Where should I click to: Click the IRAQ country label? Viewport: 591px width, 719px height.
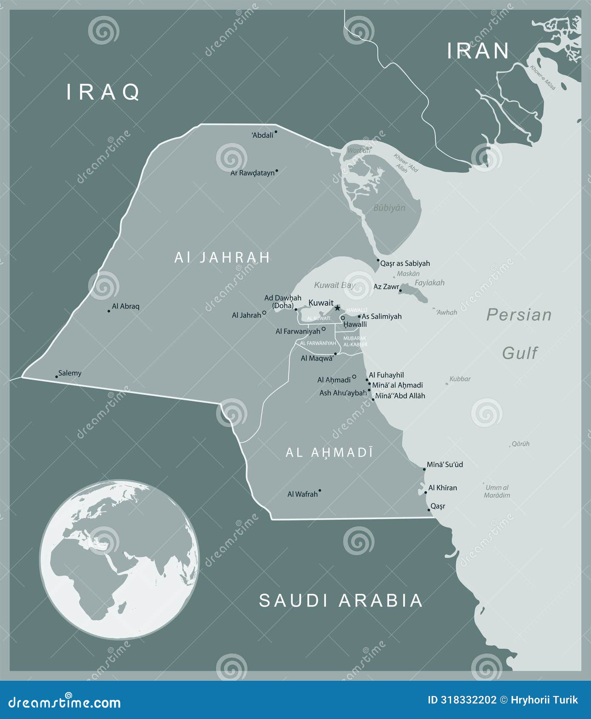point(103,92)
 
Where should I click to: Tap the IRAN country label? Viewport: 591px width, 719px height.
point(478,51)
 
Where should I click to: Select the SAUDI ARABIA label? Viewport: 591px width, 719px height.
point(341,600)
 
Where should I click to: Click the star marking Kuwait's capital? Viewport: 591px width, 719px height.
point(338,308)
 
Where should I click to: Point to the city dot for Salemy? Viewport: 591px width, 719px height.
point(57,377)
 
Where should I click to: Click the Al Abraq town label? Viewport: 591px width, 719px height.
point(125,306)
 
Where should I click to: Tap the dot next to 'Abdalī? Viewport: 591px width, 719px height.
point(276,132)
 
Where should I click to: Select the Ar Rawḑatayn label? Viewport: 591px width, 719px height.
point(253,173)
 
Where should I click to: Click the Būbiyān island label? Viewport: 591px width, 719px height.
point(389,208)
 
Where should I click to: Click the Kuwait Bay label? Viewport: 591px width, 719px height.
point(334,285)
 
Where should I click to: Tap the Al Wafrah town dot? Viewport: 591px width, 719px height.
point(320,491)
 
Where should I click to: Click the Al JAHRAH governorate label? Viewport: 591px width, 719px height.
point(222,257)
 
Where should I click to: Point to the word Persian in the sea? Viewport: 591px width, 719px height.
point(519,315)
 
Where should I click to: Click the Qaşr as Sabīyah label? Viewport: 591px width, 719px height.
point(405,263)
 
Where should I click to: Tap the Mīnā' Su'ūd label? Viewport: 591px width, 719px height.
point(445,465)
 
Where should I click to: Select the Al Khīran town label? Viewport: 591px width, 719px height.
point(443,488)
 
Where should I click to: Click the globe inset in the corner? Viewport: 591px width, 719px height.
point(119,559)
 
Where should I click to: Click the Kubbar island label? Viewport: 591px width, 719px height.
point(460,379)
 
